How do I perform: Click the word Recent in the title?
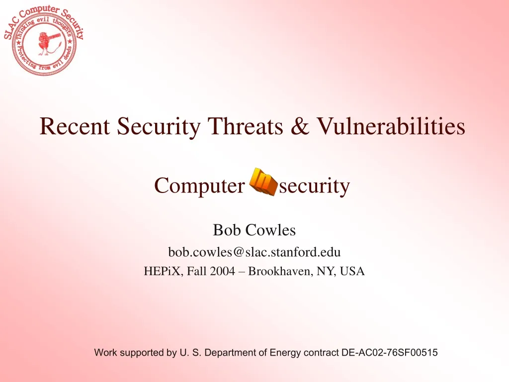point(75,126)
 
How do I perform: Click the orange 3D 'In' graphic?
point(263,182)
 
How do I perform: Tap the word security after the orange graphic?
point(315,187)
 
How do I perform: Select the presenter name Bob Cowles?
point(254,230)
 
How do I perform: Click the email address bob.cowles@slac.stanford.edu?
point(254,252)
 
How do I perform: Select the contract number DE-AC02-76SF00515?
point(390,353)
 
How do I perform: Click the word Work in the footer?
point(105,353)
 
